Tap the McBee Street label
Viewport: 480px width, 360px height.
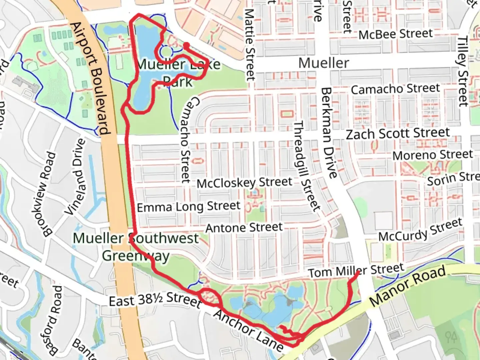click(396, 34)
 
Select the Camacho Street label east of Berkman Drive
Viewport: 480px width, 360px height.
click(395, 89)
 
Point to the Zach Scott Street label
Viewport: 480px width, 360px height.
click(398, 133)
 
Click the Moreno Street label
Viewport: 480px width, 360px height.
click(432, 155)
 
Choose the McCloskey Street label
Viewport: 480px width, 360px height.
click(244, 183)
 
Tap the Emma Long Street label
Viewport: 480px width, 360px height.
click(189, 207)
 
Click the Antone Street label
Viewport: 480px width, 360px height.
click(244, 228)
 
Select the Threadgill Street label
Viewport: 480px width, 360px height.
click(306, 166)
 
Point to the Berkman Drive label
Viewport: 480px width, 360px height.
click(329, 133)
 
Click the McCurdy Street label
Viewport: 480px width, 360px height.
click(421, 231)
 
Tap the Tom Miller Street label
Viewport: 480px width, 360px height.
click(356, 270)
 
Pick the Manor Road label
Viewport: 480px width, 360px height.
click(408, 286)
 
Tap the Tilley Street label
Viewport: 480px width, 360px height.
click(463, 71)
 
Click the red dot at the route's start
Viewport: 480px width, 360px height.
click(187, 45)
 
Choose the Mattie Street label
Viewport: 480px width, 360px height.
click(250, 45)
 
